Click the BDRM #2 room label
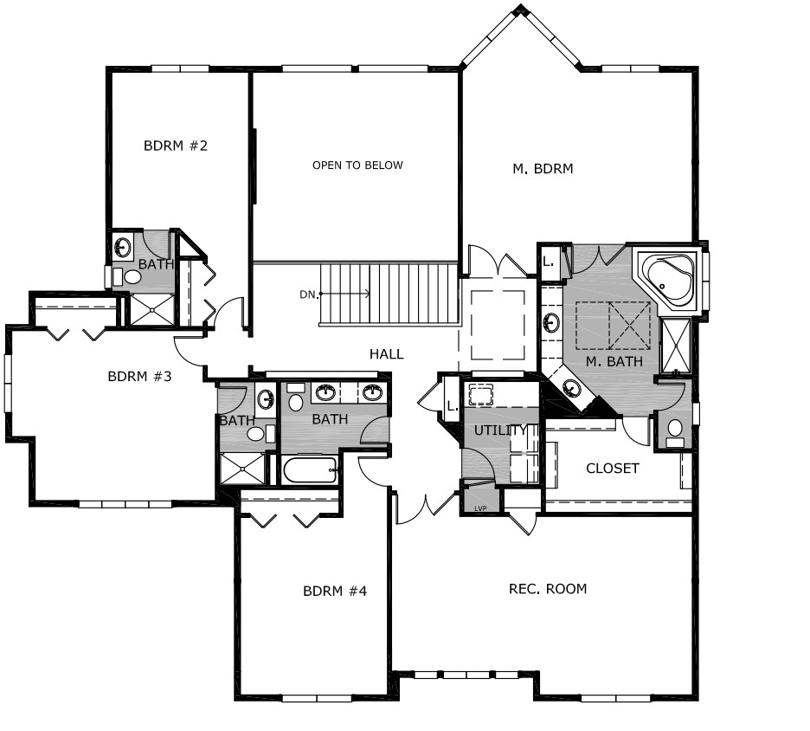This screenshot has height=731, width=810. tap(176, 146)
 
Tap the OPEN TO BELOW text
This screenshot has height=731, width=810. tap(357, 165)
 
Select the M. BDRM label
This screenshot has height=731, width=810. tap(543, 169)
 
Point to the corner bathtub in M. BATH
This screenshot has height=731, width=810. tap(670, 281)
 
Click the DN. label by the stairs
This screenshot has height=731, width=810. tap(308, 294)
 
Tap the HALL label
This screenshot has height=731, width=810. tap(387, 354)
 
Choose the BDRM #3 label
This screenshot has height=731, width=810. tap(139, 377)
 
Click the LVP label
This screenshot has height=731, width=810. tap(480, 508)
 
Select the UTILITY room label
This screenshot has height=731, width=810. tap(500, 430)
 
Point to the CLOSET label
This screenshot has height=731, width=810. tap(612, 469)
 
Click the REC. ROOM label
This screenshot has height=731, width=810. tap(548, 589)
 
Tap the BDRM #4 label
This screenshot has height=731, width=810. tap(335, 591)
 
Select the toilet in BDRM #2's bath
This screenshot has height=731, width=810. tap(132, 278)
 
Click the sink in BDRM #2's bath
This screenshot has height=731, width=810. tap(122, 247)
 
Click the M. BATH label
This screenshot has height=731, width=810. tap(614, 361)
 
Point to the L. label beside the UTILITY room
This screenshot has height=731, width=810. tap(453, 406)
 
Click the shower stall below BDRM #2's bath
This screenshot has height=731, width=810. tap(152, 310)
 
